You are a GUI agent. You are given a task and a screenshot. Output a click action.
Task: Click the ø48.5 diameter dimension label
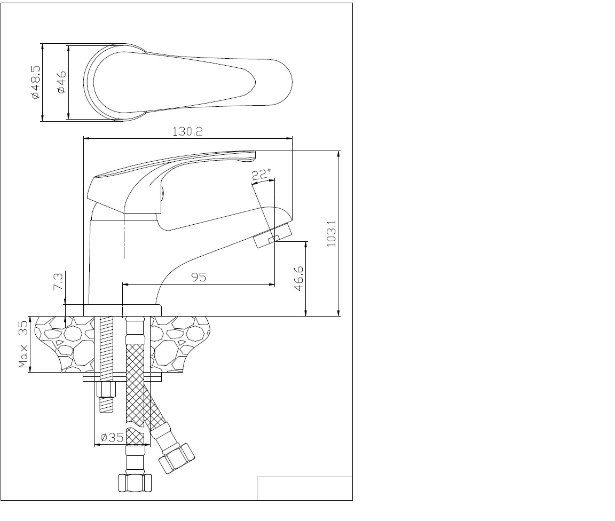[x=35, y=82]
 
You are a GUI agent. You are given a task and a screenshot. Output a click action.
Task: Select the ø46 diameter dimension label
[x=61, y=82]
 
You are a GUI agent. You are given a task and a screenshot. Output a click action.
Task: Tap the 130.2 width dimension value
[x=187, y=131]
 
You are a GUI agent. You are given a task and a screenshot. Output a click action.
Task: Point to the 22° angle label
[x=261, y=174]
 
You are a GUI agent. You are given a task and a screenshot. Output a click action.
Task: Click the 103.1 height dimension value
[x=332, y=233]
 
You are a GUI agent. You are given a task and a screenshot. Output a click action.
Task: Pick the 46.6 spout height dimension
[x=298, y=279]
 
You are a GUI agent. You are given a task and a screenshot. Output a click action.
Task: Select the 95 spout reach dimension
[x=199, y=277]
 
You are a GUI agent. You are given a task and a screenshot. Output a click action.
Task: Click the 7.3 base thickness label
[x=58, y=281]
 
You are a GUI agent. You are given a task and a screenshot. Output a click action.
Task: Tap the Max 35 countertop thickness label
[x=23, y=344]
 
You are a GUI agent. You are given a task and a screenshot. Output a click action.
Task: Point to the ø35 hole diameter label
[x=112, y=437]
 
